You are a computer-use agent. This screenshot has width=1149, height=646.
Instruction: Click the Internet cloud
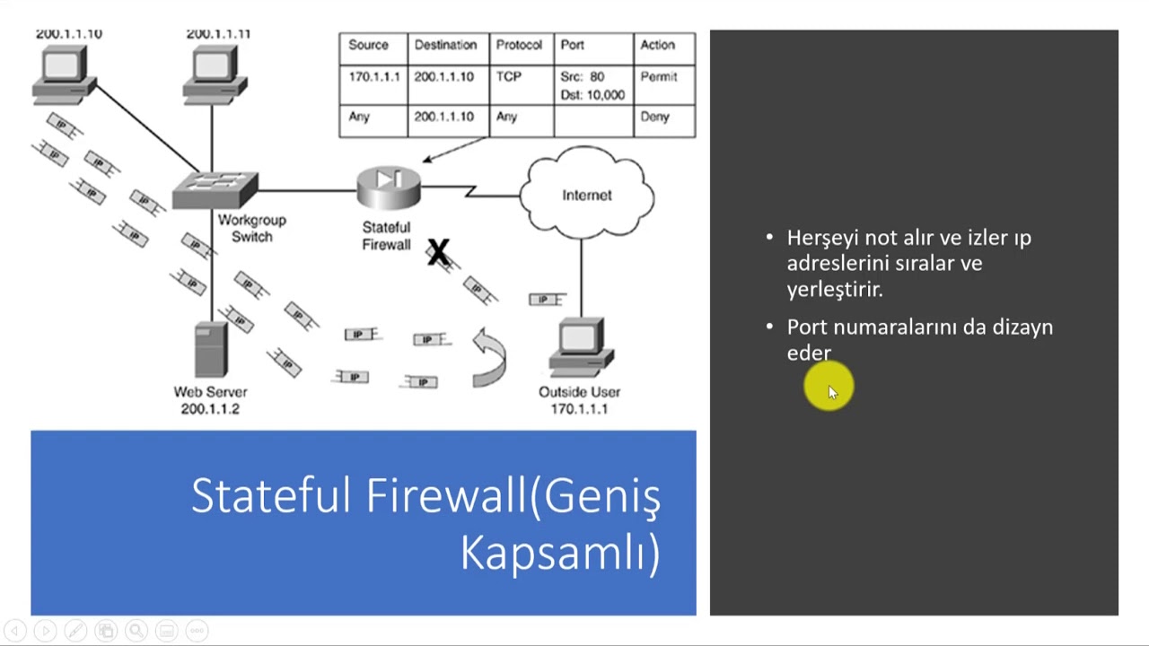point(586,195)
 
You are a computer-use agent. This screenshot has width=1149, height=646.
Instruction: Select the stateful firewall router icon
point(388,188)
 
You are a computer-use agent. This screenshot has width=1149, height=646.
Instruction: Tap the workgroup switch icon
point(215,189)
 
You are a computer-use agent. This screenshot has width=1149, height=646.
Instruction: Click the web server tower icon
point(210,351)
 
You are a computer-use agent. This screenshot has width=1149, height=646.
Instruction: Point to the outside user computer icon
point(580,348)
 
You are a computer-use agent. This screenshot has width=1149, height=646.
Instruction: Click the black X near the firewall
point(438,252)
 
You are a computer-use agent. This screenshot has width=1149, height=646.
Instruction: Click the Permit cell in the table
point(659,77)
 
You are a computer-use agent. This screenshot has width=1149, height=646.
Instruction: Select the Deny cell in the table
point(655,117)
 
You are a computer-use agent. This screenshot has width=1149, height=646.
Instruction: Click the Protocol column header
point(519,45)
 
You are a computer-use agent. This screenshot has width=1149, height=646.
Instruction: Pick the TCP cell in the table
point(509,77)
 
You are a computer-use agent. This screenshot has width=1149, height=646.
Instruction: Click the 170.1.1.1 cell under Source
point(373,77)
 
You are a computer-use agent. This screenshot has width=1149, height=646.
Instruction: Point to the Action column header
point(657,45)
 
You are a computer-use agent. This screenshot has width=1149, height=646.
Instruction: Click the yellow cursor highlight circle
point(828,388)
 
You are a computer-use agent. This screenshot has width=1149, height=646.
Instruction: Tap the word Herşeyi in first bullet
point(820,239)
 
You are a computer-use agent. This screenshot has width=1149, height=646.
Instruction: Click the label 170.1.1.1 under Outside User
point(579,409)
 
